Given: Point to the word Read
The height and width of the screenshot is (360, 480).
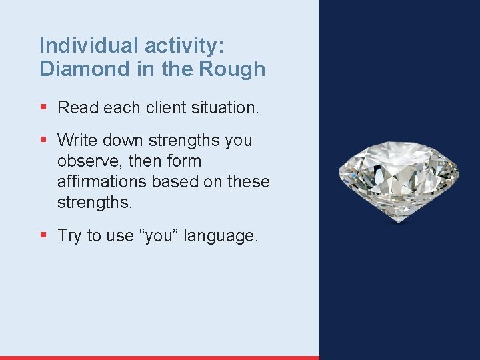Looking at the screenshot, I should (77, 107).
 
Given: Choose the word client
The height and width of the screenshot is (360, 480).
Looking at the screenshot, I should (156, 107).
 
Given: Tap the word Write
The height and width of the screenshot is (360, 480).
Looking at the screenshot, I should (76, 141).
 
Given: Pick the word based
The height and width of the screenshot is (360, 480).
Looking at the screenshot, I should (175, 182).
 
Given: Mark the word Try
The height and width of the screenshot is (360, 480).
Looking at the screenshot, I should (70, 236).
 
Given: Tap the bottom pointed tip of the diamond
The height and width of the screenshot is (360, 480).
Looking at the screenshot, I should (398, 222).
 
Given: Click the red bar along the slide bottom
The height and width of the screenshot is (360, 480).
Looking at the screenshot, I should (160, 357).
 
